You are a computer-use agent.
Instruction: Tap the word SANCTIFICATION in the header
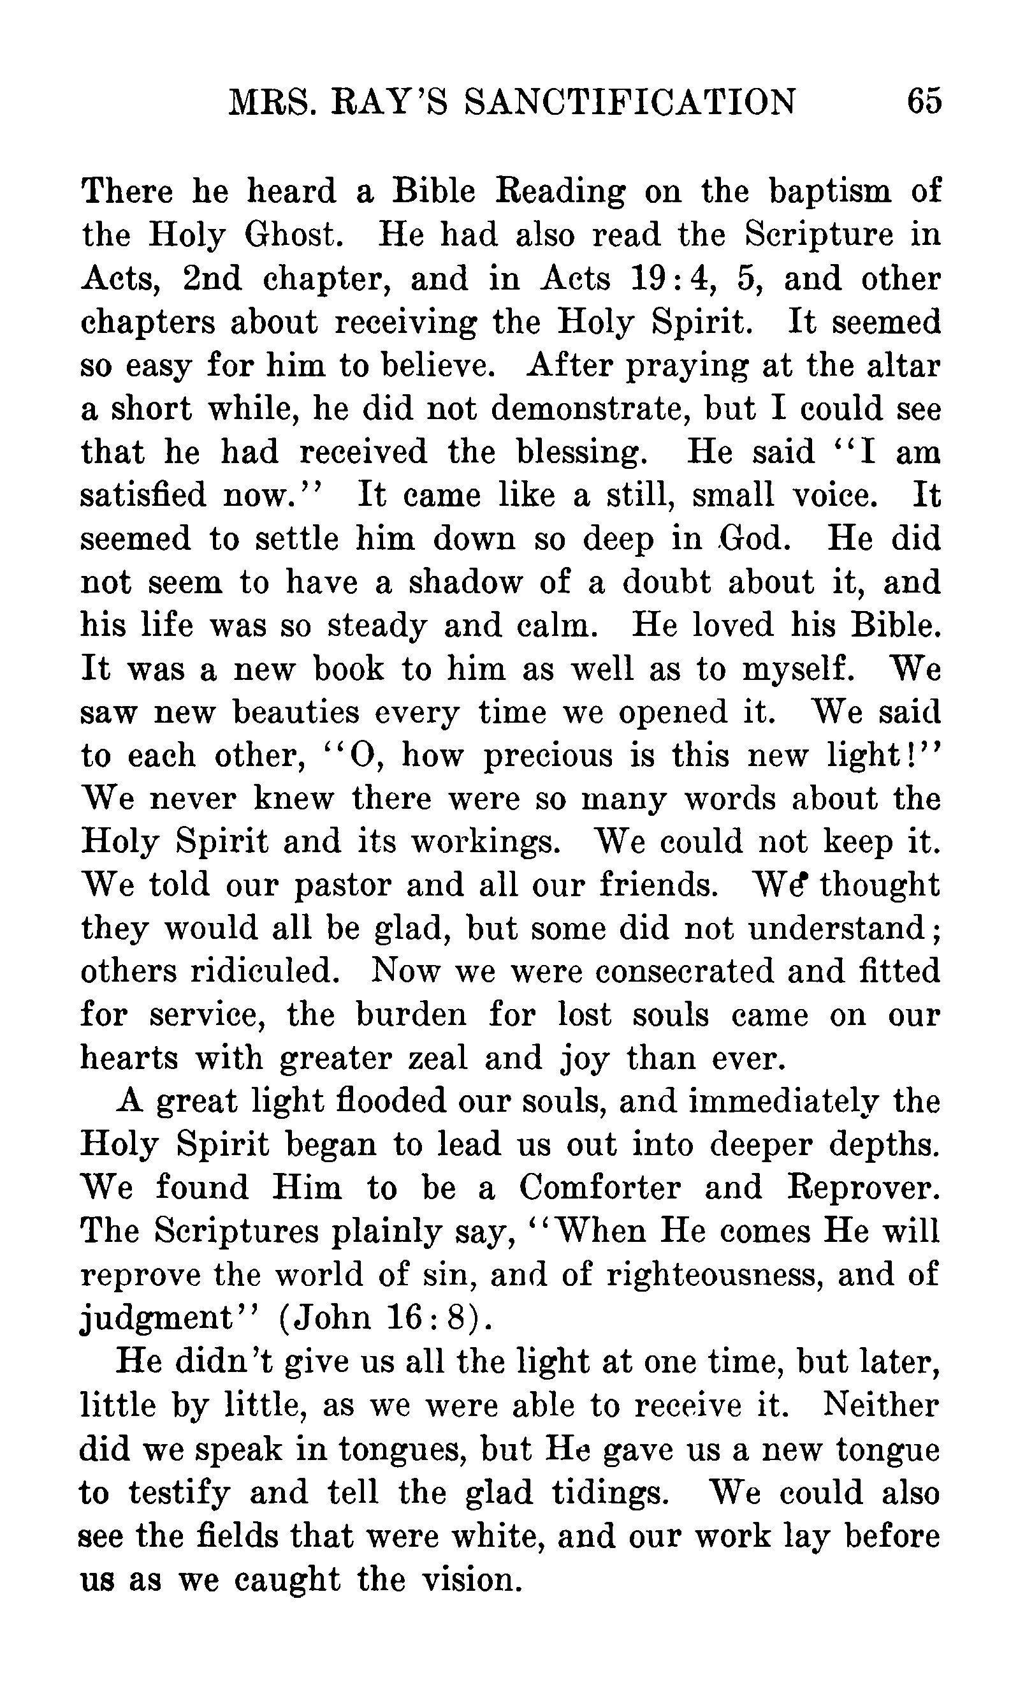coord(629,103)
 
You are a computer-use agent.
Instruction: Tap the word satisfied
coord(143,495)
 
